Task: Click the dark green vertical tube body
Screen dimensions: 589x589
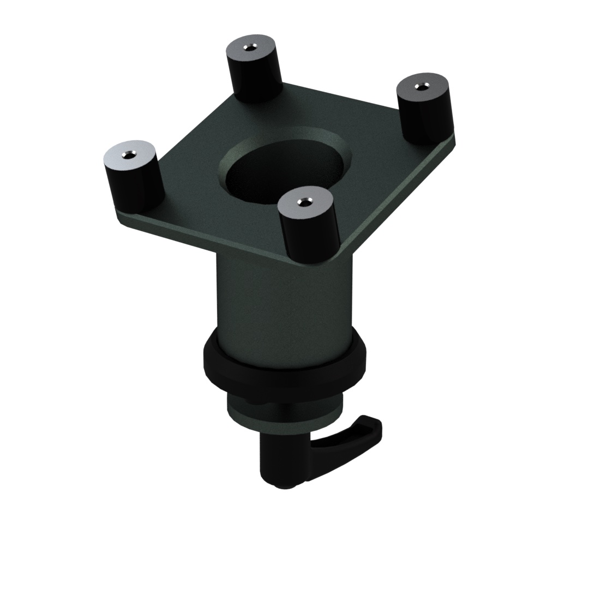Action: [x=284, y=294]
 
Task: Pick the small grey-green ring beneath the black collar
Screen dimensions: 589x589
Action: [x=284, y=412]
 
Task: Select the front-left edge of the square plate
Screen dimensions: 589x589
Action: [x=207, y=240]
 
